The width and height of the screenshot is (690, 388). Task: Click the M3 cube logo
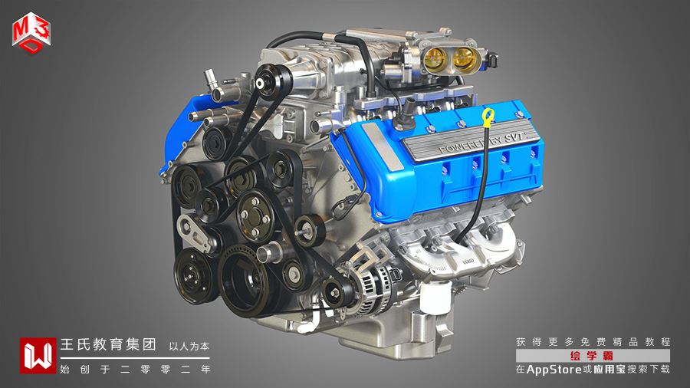tap(31, 33)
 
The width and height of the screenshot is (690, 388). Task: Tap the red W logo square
tap(38, 356)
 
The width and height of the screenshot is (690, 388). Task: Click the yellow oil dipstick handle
tap(488, 117)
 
